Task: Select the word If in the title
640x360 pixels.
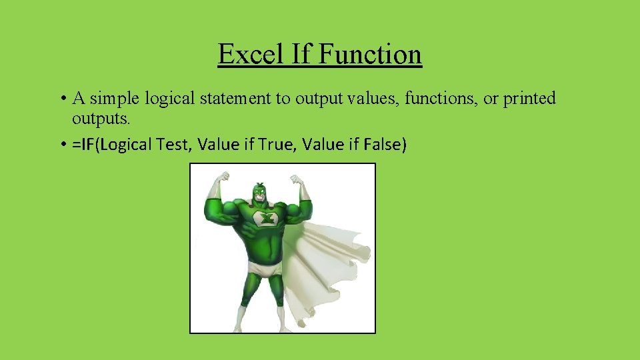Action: pos(302,54)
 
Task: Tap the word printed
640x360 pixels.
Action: pos(529,99)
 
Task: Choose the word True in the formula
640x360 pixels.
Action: pos(273,144)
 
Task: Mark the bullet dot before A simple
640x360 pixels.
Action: pos(61,99)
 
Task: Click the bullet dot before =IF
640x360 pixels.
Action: pos(61,145)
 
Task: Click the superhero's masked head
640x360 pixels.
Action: pos(259,193)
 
